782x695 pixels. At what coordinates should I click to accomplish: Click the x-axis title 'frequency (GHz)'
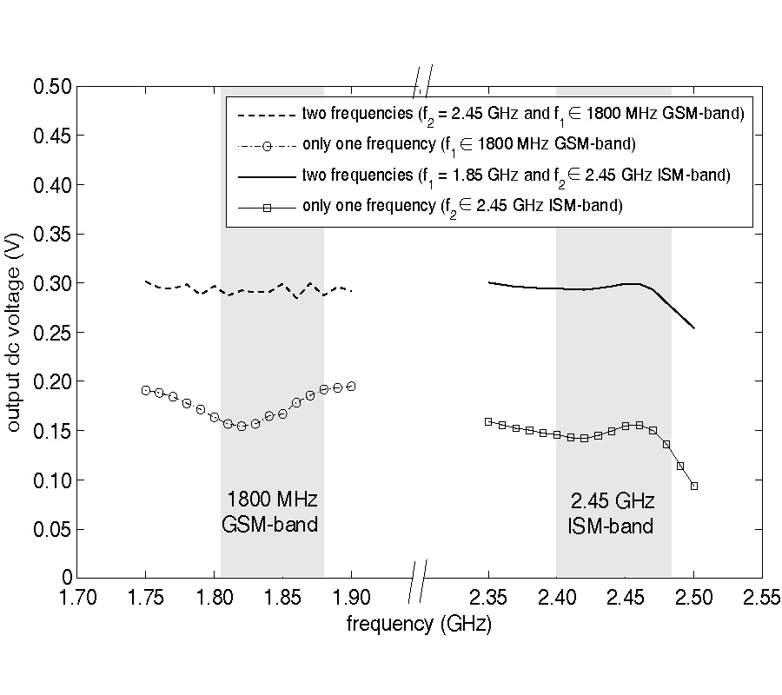(x=419, y=624)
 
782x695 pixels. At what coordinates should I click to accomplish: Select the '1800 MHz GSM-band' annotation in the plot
(x=271, y=513)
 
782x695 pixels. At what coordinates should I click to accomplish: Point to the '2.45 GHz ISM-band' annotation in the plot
(x=612, y=513)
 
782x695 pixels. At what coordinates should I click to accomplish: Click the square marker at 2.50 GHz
(x=694, y=486)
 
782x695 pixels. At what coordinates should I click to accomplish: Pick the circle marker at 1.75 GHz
(x=145, y=390)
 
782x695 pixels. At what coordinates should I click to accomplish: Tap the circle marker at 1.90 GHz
(x=351, y=386)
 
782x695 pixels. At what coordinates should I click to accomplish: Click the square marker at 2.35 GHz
(x=488, y=421)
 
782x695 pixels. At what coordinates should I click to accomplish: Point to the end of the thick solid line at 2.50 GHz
(x=694, y=328)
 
